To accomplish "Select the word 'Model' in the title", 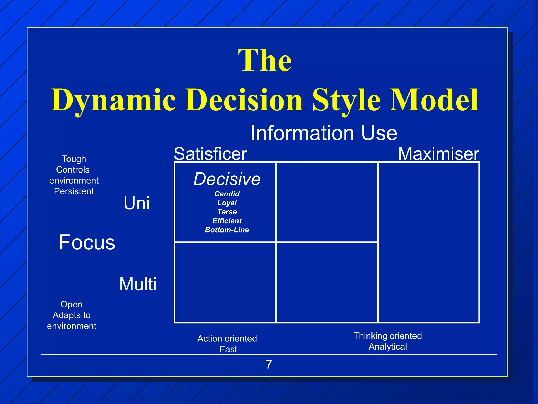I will point(434,100).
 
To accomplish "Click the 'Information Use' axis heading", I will point(324,133).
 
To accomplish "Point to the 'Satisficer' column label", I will point(210,154).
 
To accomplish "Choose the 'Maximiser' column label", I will point(438,154).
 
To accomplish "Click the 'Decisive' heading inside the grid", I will point(227,179).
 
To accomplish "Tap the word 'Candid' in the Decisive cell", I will point(227,194).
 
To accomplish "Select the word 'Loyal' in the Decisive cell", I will point(227,203).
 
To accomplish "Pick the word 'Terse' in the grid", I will point(227,212).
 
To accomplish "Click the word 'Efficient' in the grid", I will point(227,221).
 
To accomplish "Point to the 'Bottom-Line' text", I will point(227,230).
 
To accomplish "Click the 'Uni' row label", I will point(137,203).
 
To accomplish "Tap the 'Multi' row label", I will point(138,284).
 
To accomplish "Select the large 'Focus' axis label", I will point(87,242).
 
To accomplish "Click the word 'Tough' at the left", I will point(74,159).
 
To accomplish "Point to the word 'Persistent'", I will point(74,191).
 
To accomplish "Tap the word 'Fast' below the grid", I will point(228,349).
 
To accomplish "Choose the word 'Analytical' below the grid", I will point(388,347).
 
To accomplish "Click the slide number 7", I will point(269,365).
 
